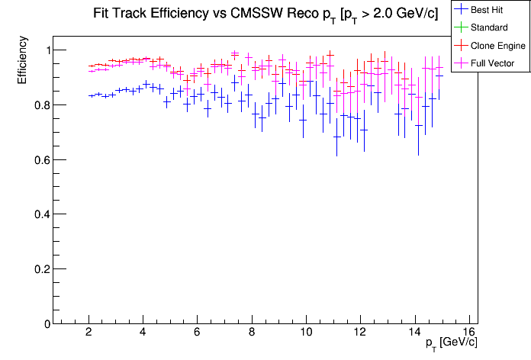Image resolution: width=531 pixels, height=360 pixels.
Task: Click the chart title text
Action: tap(265, 13)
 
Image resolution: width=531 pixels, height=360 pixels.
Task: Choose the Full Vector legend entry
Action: tap(493, 63)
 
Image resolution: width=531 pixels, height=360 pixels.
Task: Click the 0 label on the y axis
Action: tap(41, 324)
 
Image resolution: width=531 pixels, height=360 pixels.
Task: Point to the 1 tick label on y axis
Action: tap(41, 50)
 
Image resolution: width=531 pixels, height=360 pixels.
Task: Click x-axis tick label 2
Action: tap(89, 333)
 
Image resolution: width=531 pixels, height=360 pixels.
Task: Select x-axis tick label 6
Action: tap(198, 333)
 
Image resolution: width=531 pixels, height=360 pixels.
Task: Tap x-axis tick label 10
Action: tap(306, 333)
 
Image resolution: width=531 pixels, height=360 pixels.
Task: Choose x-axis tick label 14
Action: tap(414, 333)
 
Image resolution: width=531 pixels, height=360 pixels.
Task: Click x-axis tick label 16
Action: tap(468, 333)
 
